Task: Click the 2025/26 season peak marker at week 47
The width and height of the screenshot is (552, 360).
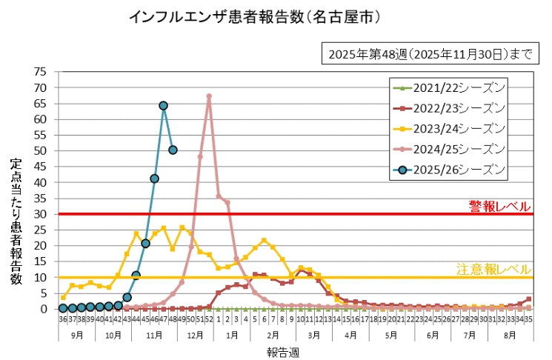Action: (x=163, y=106)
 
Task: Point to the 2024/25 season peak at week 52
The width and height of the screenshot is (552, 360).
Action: (x=209, y=96)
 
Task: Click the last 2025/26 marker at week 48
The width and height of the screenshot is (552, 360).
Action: (x=173, y=150)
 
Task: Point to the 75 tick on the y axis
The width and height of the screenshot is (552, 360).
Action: (x=41, y=72)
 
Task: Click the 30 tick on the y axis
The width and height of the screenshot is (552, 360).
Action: (x=41, y=214)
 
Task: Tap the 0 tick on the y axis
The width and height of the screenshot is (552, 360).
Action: (x=44, y=309)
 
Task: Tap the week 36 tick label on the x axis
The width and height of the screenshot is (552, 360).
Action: (x=63, y=319)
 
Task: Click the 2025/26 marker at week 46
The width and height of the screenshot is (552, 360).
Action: (x=154, y=179)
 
